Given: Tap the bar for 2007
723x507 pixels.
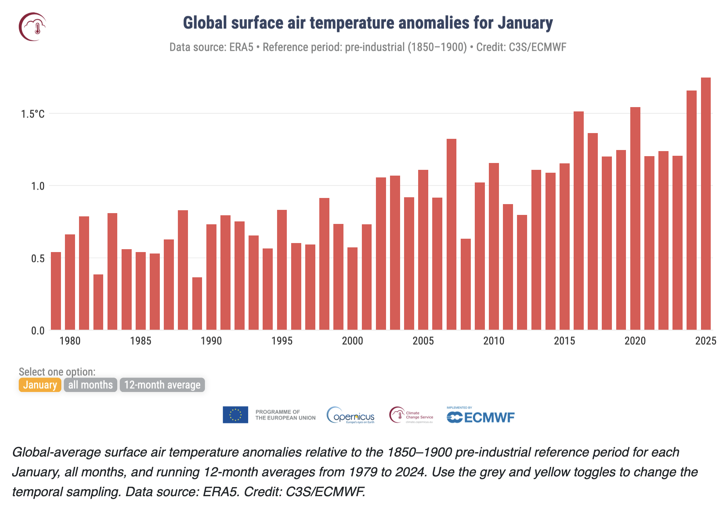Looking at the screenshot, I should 451,234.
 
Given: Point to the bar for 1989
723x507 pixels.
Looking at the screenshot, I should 197,303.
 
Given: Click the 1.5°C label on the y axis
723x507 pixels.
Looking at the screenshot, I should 33,114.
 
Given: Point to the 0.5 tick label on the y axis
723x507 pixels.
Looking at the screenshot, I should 38,259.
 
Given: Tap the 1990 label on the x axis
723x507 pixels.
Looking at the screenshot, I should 211,341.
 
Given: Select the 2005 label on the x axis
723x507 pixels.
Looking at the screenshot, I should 423,341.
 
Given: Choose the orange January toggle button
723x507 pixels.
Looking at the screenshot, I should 40,385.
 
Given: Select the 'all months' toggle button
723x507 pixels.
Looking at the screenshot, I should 91,385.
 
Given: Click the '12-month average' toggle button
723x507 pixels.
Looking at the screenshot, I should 162,385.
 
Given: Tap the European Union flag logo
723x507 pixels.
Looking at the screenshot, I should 235,415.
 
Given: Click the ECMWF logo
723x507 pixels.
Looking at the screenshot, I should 481,416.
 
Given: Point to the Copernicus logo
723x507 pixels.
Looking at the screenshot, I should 351,415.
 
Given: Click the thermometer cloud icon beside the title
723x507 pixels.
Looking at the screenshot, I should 33,27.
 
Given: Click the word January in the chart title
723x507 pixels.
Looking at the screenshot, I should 525,23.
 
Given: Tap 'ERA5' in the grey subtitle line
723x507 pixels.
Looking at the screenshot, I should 241,47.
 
